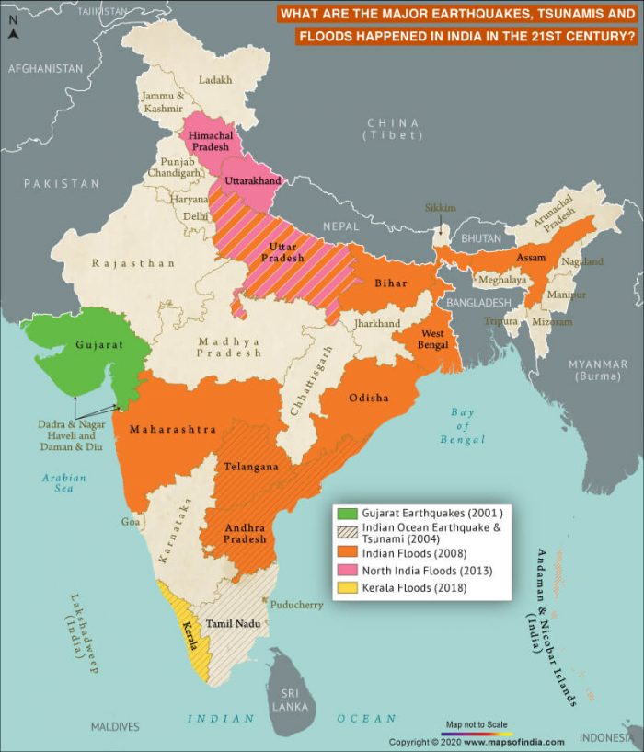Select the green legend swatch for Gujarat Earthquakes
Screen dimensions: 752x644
coord(346,513)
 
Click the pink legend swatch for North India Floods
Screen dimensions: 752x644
coord(346,571)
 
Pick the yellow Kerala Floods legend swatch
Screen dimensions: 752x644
coord(346,588)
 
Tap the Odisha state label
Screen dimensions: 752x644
coord(368,398)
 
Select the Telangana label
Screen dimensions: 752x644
coord(252,467)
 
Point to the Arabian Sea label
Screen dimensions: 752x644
coord(63,483)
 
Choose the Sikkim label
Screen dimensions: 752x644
coord(440,208)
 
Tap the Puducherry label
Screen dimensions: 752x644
coord(296,606)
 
